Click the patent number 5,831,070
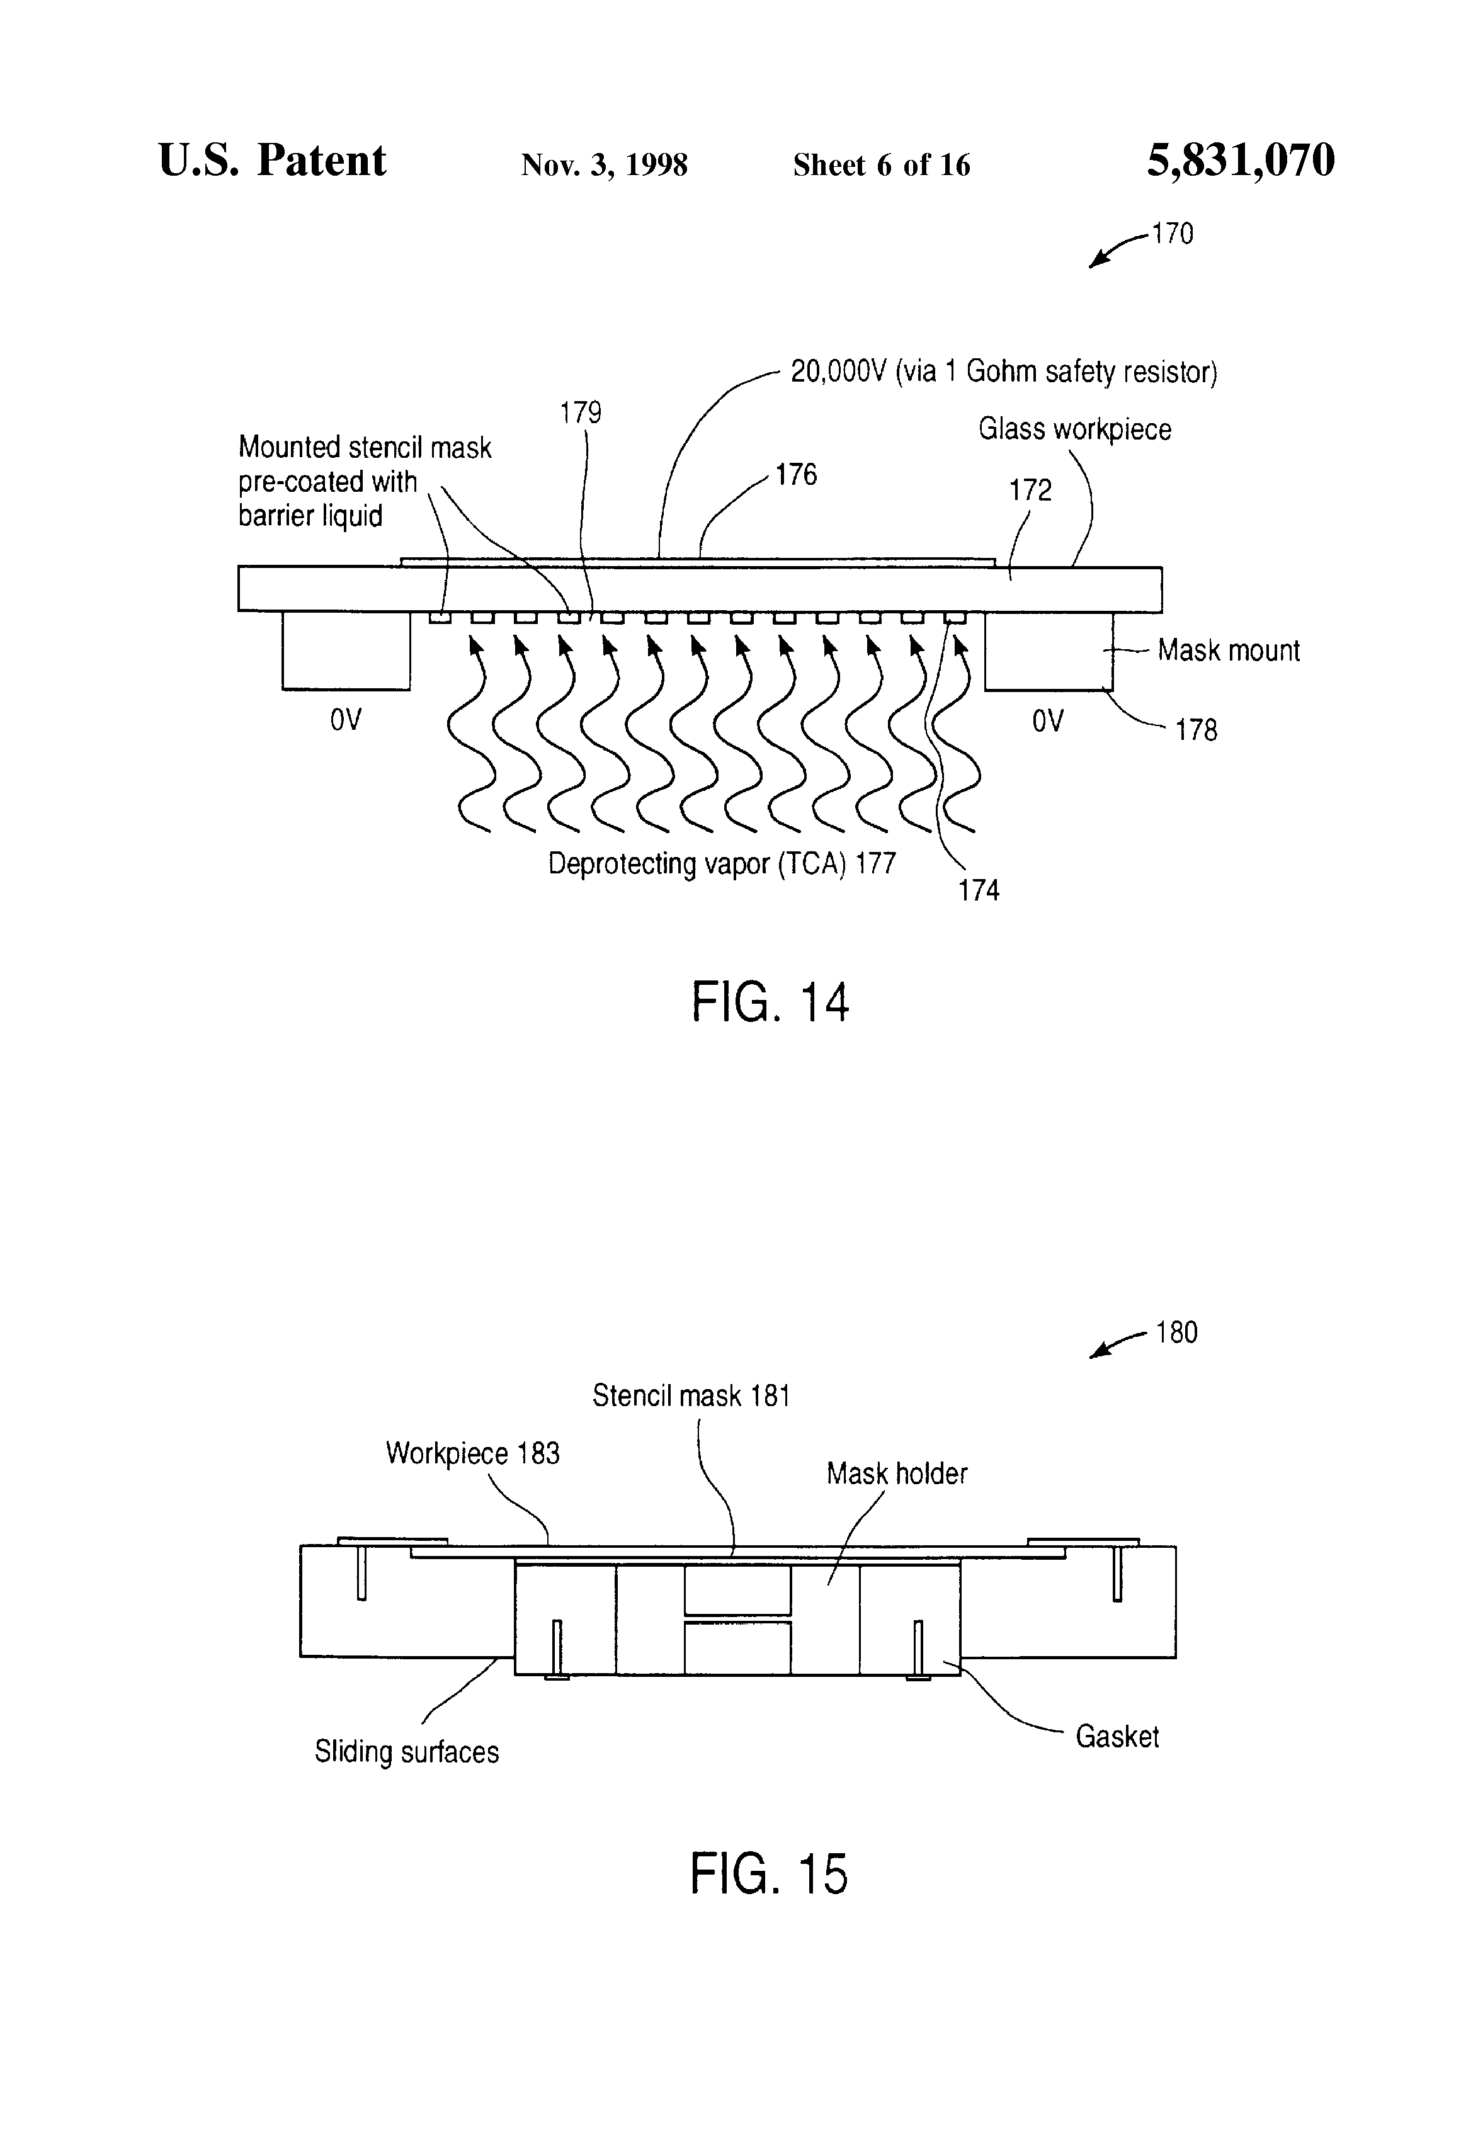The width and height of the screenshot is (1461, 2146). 1241,161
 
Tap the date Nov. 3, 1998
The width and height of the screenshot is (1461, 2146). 604,165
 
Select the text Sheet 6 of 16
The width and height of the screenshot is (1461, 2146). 881,165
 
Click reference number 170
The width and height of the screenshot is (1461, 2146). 1172,234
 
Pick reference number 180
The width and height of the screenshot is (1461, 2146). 1176,1332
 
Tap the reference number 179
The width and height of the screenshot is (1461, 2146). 580,412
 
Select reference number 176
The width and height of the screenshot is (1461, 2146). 796,475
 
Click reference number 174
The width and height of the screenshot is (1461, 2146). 979,890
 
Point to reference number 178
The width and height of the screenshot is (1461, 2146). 1196,730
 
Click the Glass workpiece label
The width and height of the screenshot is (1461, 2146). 1075,429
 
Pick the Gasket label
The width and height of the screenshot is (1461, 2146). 1117,1736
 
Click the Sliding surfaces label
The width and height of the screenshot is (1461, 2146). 406,1752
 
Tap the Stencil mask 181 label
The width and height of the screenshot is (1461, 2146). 691,1395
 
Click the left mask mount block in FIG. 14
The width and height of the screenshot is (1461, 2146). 346,650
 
